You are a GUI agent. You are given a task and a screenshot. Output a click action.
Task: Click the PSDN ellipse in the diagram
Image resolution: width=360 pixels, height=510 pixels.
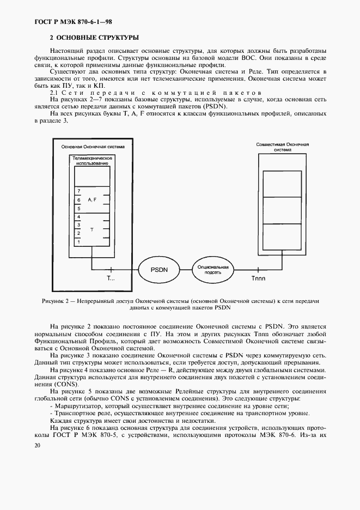click(x=158, y=269)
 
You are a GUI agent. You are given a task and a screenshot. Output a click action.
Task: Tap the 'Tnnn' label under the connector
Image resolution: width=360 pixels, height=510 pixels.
click(x=259, y=278)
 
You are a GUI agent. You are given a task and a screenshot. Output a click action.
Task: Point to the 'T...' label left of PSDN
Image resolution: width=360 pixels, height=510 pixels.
click(x=111, y=278)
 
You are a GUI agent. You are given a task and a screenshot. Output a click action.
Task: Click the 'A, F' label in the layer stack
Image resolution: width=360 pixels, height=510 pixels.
click(x=91, y=200)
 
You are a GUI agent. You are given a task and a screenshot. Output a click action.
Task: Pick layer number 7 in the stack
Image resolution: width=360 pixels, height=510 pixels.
click(x=79, y=191)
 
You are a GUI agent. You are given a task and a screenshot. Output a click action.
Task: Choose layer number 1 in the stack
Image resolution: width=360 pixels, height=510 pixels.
click(x=79, y=241)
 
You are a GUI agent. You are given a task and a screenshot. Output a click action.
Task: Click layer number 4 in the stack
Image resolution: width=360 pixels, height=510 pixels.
click(x=79, y=217)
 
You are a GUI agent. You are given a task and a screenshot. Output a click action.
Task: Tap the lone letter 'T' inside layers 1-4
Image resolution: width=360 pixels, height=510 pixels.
click(x=91, y=230)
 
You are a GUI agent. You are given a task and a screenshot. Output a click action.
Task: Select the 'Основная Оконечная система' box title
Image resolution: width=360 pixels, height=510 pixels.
click(x=92, y=147)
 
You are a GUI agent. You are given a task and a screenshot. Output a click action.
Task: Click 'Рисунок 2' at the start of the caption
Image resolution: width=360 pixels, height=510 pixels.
click(x=56, y=300)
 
